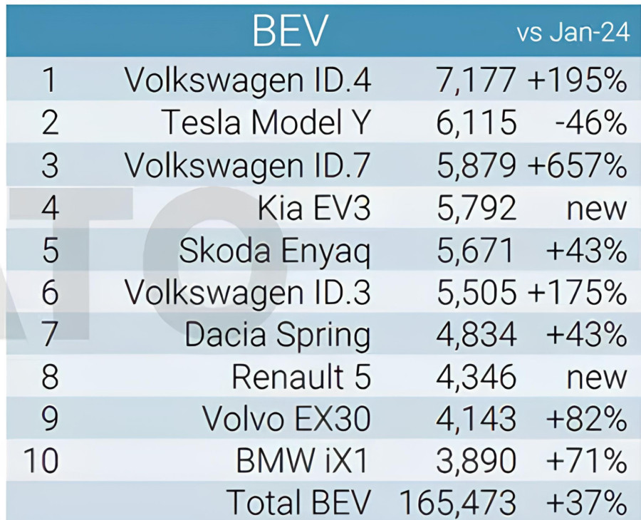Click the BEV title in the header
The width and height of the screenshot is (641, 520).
tap(290, 31)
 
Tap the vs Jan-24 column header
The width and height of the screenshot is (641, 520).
tap(573, 33)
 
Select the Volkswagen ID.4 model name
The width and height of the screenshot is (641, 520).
tap(248, 80)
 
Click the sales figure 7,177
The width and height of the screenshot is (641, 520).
tap(475, 80)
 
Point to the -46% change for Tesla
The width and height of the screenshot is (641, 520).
tap(590, 123)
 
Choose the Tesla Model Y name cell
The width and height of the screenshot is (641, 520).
tap(266, 123)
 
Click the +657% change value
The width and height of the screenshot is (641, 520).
tap(577, 166)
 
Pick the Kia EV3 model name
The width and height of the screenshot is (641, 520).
tap(314, 209)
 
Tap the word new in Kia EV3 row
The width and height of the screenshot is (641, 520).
tap(596, 209)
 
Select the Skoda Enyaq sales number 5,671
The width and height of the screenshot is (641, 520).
tap(475, 251)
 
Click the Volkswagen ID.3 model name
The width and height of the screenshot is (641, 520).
tap(248, 293)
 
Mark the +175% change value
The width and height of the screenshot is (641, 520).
tap(577, 293)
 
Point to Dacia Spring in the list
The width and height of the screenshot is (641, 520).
tap(278, 335)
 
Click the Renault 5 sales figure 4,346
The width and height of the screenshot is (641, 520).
tap(475, 377)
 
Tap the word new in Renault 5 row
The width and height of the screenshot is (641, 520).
tap(596, 377)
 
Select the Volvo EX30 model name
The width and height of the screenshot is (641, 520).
tap(286, 419)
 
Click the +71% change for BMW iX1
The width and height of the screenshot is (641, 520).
tap(585, 461)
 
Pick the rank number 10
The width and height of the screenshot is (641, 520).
tap(41, 461)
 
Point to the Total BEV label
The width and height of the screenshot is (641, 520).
tap(299, 503)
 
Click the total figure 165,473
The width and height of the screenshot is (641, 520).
tap(458, 503)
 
